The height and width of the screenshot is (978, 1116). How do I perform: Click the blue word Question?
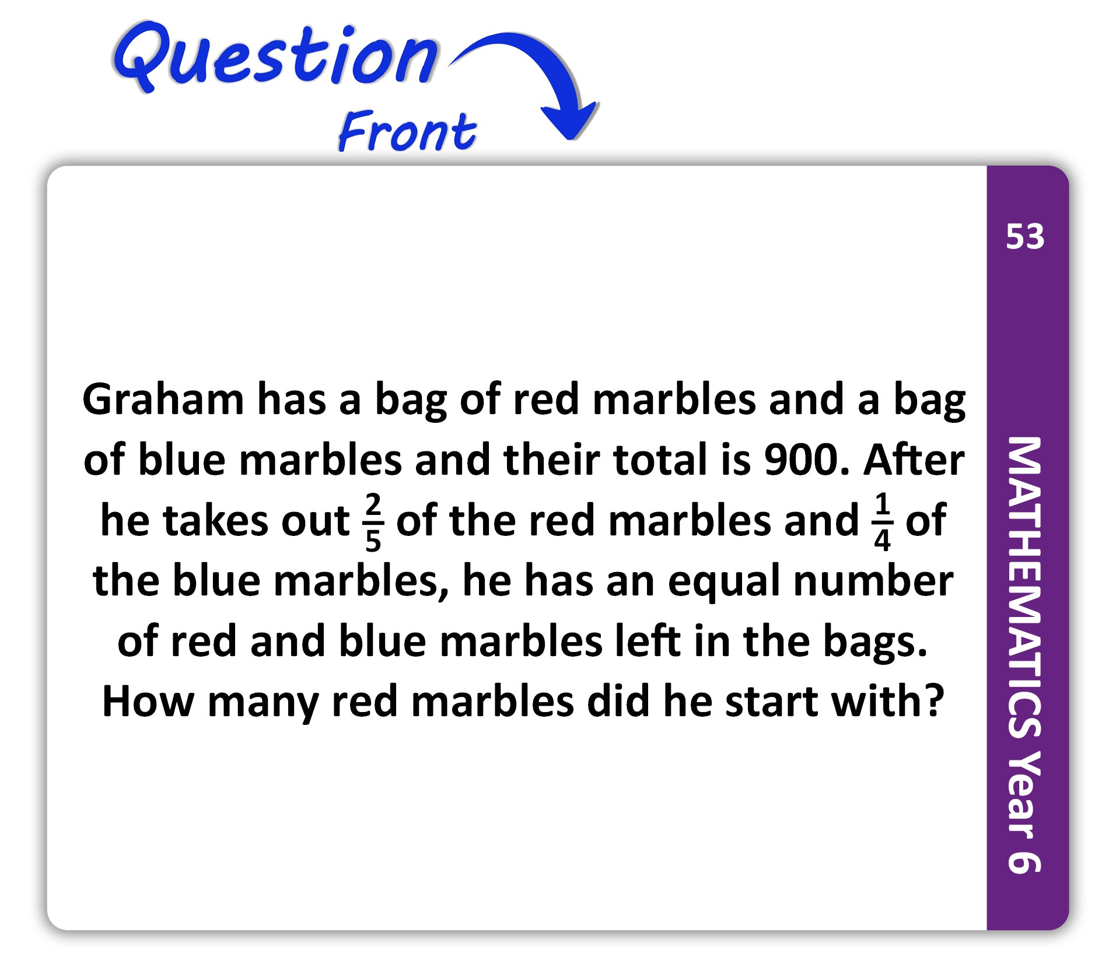coord(275,57)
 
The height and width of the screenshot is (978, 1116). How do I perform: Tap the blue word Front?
coord(407,131)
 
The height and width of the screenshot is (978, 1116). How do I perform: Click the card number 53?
coord(1025,237)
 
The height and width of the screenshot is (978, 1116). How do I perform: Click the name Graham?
coord(163,399)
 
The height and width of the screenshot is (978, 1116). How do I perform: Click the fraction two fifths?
coord(373,521)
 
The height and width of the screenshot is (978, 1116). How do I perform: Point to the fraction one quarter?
coord(882,521)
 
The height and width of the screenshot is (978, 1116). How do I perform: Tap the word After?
coord(914,460)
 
